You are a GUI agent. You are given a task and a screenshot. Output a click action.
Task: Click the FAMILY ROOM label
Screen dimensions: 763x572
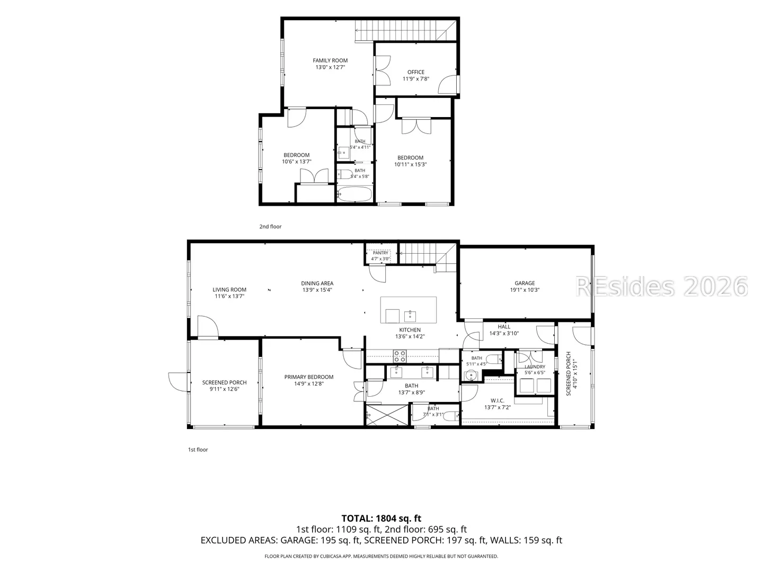pos(330,60)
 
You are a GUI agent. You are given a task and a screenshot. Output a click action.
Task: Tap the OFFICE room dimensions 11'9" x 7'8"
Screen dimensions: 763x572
pos(416,79)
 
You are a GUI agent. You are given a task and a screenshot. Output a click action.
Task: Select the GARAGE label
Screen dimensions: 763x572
pos(525,283)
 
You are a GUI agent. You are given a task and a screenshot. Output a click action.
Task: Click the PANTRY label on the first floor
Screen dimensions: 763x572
pos(380,253)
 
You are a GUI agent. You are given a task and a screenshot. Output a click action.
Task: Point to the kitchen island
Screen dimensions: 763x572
pos(409,310)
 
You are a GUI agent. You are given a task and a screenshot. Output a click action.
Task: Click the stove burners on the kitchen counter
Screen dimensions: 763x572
pos(400,356)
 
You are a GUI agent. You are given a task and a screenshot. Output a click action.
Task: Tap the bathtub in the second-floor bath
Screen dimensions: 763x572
pos(355,194)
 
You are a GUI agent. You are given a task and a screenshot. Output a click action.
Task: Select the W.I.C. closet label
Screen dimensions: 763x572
pos(498,400)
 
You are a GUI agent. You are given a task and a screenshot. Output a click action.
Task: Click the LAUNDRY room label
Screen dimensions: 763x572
pos(535,367)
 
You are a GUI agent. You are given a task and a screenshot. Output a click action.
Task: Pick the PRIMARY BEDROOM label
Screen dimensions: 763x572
pos(309,377)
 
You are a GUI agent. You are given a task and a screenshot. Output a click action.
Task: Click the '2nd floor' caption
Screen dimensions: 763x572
pos(270,227)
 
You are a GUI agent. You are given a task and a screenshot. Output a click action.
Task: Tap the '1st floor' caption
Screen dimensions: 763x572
pos(198,450)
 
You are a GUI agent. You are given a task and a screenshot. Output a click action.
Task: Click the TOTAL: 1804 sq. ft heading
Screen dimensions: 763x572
pos(381,519)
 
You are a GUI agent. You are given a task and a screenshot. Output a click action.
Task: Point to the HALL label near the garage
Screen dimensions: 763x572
pos(504,326)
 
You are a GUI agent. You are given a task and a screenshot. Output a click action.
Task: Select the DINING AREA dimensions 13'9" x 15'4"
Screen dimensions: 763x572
pos(317,290)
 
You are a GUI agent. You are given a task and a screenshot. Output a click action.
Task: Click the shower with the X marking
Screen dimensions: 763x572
pos(387,415)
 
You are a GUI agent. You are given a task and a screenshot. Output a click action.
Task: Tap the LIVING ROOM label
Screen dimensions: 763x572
pos(229,290)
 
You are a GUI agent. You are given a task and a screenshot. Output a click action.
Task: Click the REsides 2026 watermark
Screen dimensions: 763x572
pos(661,287)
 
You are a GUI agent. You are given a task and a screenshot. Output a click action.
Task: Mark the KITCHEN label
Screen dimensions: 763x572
pos(410,329)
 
